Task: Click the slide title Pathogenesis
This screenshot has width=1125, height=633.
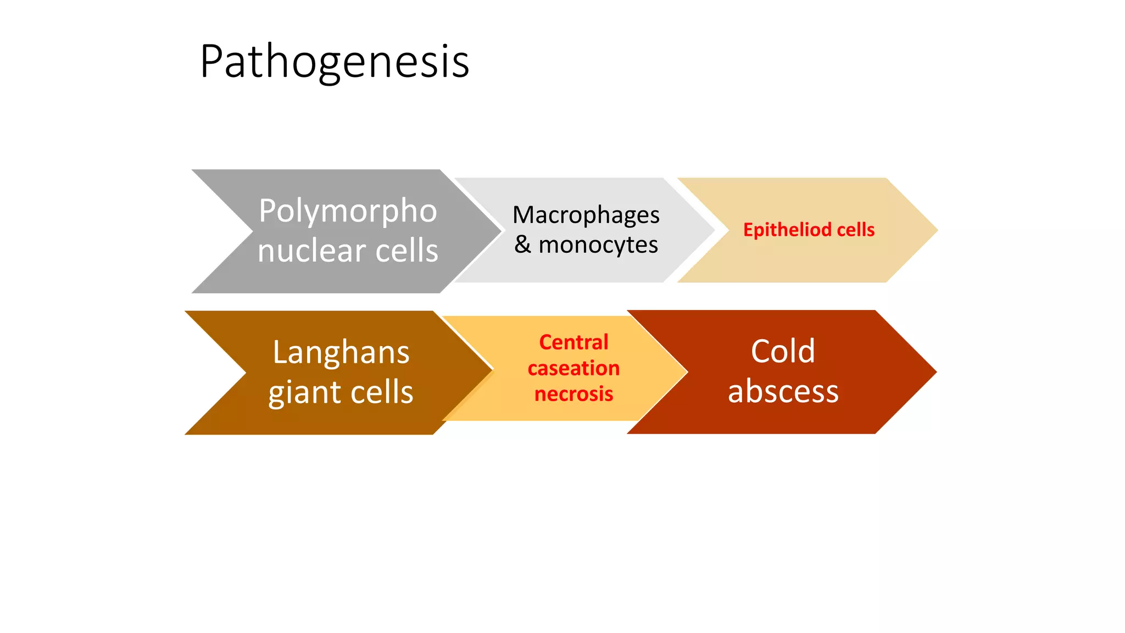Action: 334,62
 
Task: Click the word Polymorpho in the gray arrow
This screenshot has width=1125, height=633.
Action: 348,211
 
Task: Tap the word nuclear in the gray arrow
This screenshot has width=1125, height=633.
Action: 311,251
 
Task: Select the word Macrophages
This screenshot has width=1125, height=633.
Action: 586,215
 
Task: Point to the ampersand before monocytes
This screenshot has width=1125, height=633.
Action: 522,245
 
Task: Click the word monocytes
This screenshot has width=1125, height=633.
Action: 598,245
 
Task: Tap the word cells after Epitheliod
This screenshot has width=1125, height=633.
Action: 855,230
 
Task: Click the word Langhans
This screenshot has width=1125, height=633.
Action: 341,352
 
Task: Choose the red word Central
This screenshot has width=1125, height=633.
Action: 573,342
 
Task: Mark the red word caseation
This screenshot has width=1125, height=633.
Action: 573,368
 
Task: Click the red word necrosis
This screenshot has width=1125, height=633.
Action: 573,394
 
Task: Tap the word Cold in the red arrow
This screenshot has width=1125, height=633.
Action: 783,351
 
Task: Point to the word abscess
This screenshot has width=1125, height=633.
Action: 783,392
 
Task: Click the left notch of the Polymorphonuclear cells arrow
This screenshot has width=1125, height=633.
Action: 252,231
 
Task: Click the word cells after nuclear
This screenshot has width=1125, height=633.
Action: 406,251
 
